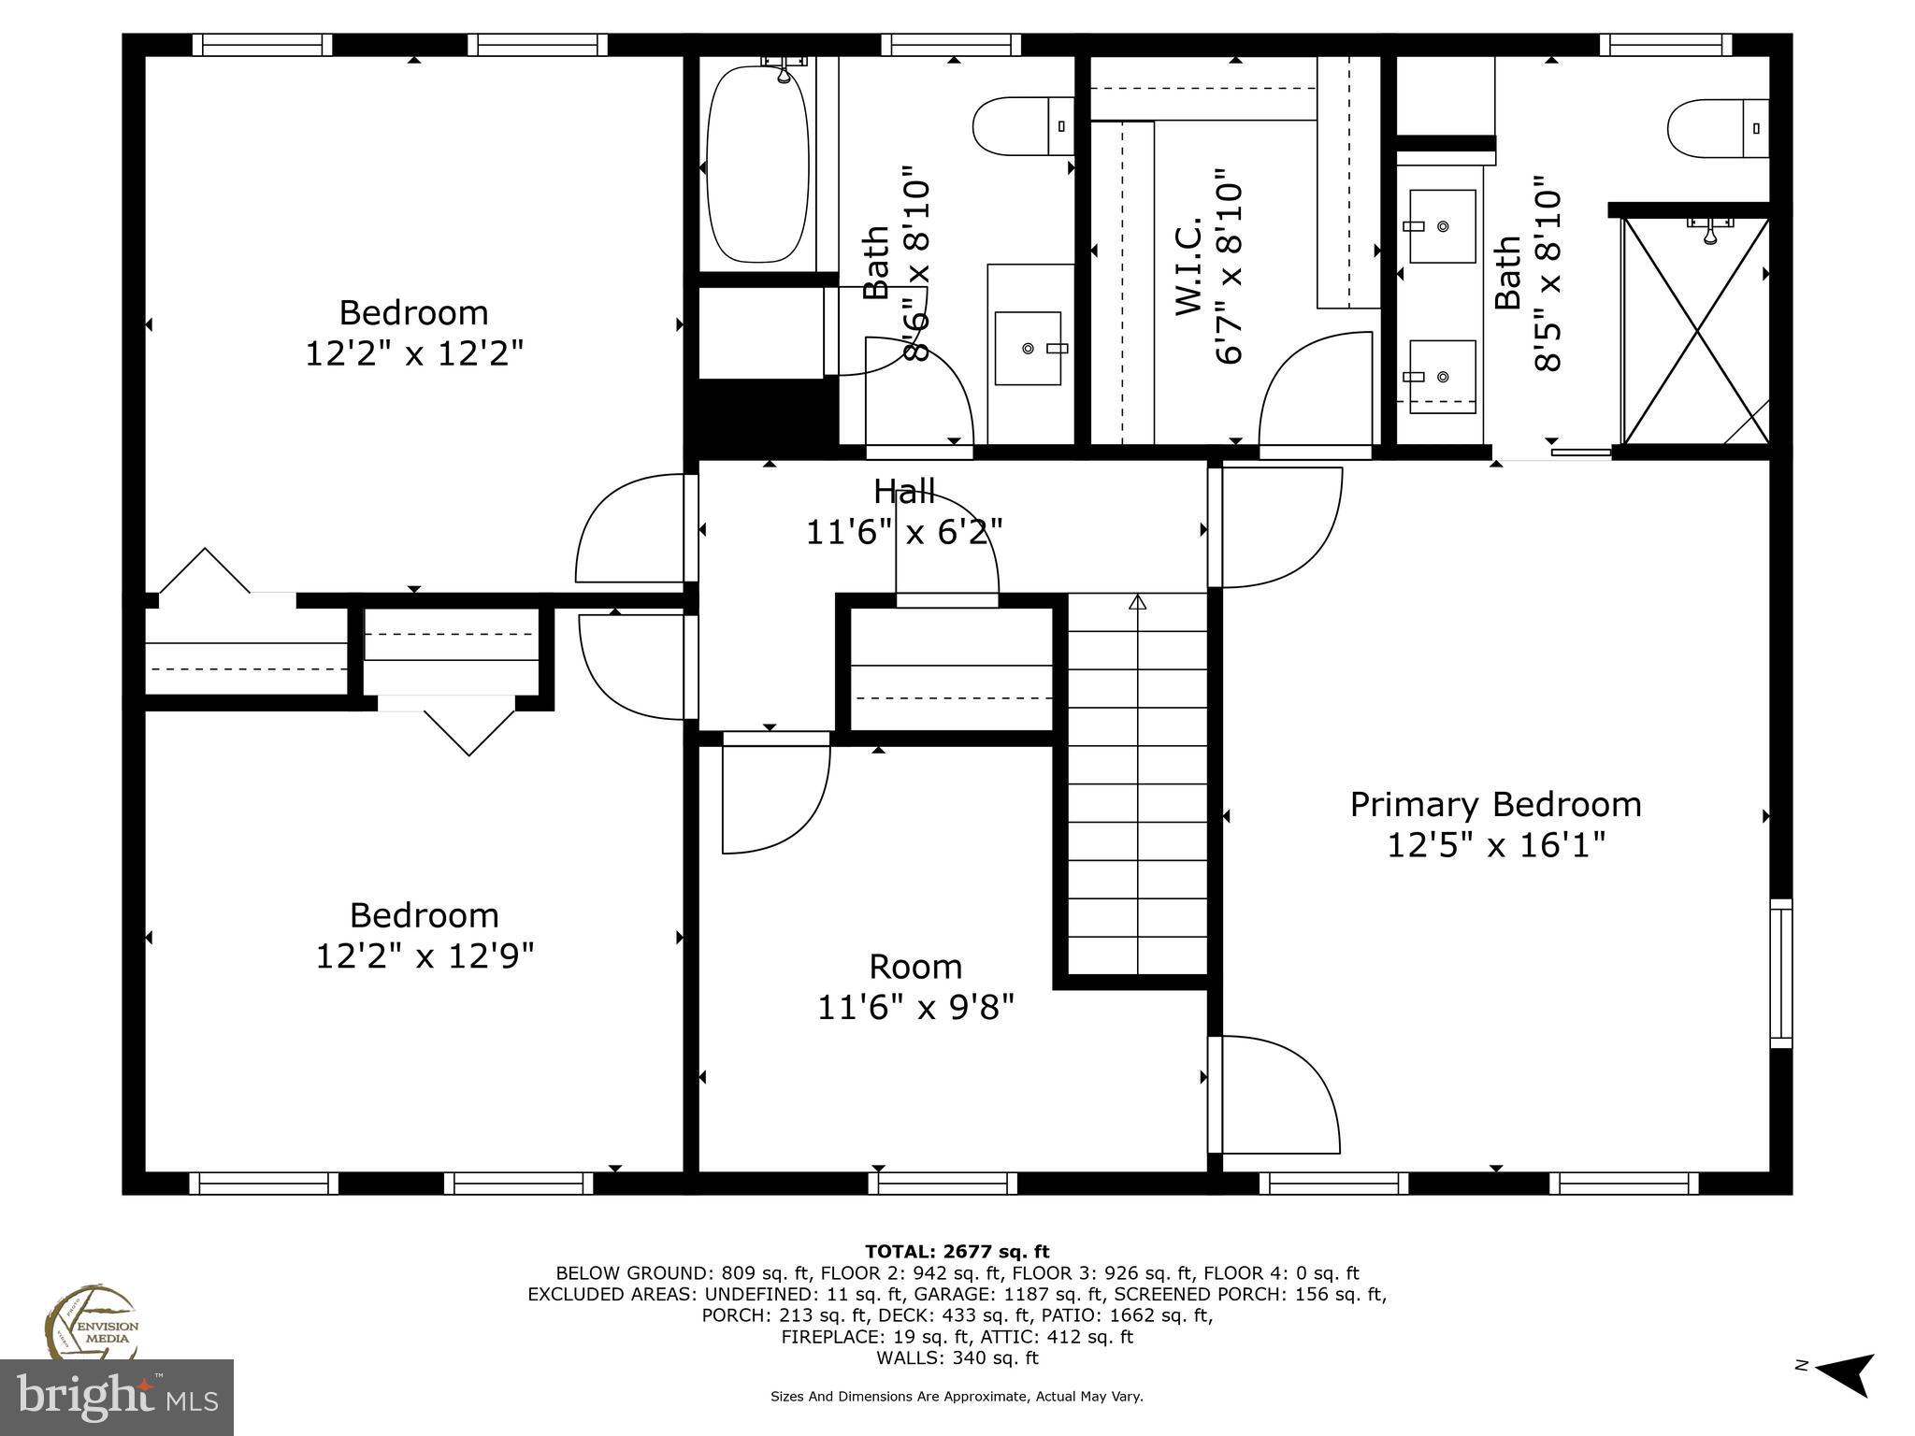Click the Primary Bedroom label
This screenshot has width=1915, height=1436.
[x=1494, y=805]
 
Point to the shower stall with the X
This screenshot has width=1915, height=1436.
[x=1695, y=330]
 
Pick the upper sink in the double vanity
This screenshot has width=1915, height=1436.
[x=1442, y=226]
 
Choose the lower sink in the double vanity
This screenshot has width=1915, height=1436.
[x=1442, y=376]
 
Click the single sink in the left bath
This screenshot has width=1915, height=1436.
[x=1028, y=348]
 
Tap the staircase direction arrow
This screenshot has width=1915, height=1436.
[x=1137, y=603]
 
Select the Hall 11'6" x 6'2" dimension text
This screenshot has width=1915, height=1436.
[x=903, y=532]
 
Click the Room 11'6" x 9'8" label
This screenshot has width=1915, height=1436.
[x=914, y=986]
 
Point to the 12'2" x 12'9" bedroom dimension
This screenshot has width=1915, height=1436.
[x=425, y=955]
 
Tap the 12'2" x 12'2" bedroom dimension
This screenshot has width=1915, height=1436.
[x=414, y=353]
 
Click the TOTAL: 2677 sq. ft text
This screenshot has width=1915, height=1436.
[x=957, y=1252]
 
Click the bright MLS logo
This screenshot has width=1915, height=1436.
[x=117, y=1397]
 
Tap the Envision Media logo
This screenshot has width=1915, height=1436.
[x=92, y=1322]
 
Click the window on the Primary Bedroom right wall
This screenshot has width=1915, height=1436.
[x=1780, y=973]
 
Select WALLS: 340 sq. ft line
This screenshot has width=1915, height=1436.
[x=957, y=1357]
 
